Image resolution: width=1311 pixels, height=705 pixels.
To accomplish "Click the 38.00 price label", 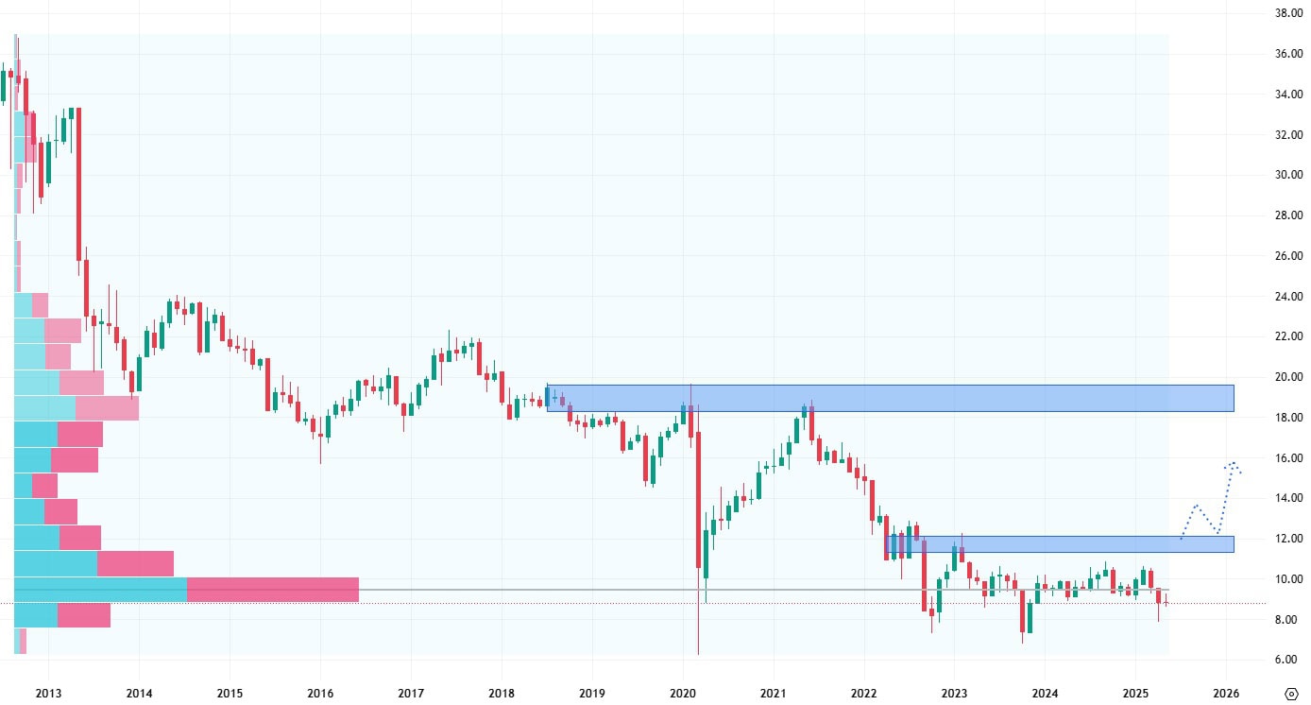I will tap(1289, 13).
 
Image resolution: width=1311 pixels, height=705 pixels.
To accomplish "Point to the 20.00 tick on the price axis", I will tap(1289, 377).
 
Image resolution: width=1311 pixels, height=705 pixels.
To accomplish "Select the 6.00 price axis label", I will tap(1289, 660).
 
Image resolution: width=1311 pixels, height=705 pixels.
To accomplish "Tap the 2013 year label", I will tap(48, 693).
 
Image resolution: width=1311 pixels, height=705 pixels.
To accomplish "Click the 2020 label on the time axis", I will tap(683, 693).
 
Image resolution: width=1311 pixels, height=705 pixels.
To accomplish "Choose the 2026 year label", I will tap(1226, 693).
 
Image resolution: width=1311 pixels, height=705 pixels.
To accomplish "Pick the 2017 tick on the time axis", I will tap(411, 693).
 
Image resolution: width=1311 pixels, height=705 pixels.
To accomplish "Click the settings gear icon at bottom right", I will tap(1290, 693).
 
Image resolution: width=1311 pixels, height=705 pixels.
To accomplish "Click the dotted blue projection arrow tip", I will tap(1233, 463).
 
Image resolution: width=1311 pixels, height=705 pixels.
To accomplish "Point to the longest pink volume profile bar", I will tap(273, 590).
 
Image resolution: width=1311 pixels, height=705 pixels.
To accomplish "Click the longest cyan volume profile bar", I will tap(100, 590).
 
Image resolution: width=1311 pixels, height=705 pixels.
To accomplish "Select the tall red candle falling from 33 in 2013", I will tap(78, 184).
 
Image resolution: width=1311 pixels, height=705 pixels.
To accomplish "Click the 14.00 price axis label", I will tap(1289, 498).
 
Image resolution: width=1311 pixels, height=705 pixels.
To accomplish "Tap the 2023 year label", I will tap(954, 693).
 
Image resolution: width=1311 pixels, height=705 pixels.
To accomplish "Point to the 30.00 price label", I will tap(1289, 175).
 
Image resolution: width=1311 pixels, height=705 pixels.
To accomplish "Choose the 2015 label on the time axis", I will tap(230, 693).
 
